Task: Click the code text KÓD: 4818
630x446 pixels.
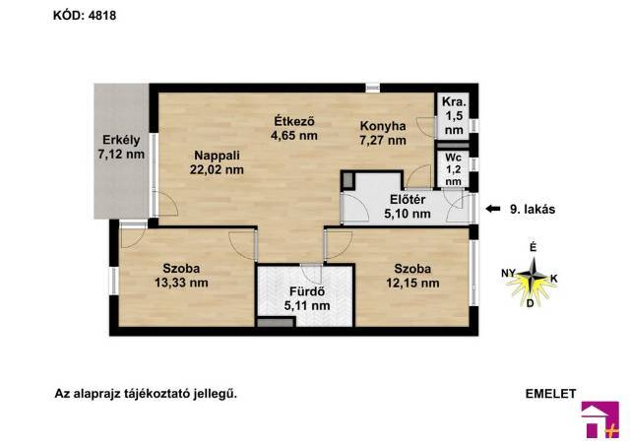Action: [x=85, y=16]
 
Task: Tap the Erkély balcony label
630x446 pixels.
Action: [x=121, y=147]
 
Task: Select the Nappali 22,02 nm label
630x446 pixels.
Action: [x=217, y=162]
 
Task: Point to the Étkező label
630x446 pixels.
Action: [x=294, y=121]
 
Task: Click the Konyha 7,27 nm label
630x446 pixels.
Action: [x=383, y=133]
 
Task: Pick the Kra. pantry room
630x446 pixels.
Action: [x=453, y=116]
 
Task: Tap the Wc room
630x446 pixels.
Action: [x=453, y=168]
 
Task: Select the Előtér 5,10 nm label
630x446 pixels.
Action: [x=408, y=207]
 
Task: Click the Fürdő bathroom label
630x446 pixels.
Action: [x=307, y=298]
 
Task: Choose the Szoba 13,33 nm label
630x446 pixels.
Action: [x=181, y=276]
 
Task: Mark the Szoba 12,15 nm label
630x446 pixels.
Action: [x=412, y=276]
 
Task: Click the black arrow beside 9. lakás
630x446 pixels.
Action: [x=492, y=209]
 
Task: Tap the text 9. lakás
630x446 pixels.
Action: [x=533, y=210]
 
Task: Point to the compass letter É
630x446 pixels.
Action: [x=534, y=248]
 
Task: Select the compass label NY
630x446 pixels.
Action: [x=508, y=274]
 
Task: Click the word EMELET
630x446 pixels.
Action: [x=550, y=394]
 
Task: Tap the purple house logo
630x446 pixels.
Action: [x=600, y=419]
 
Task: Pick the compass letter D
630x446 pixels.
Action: [x=530, y=303]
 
